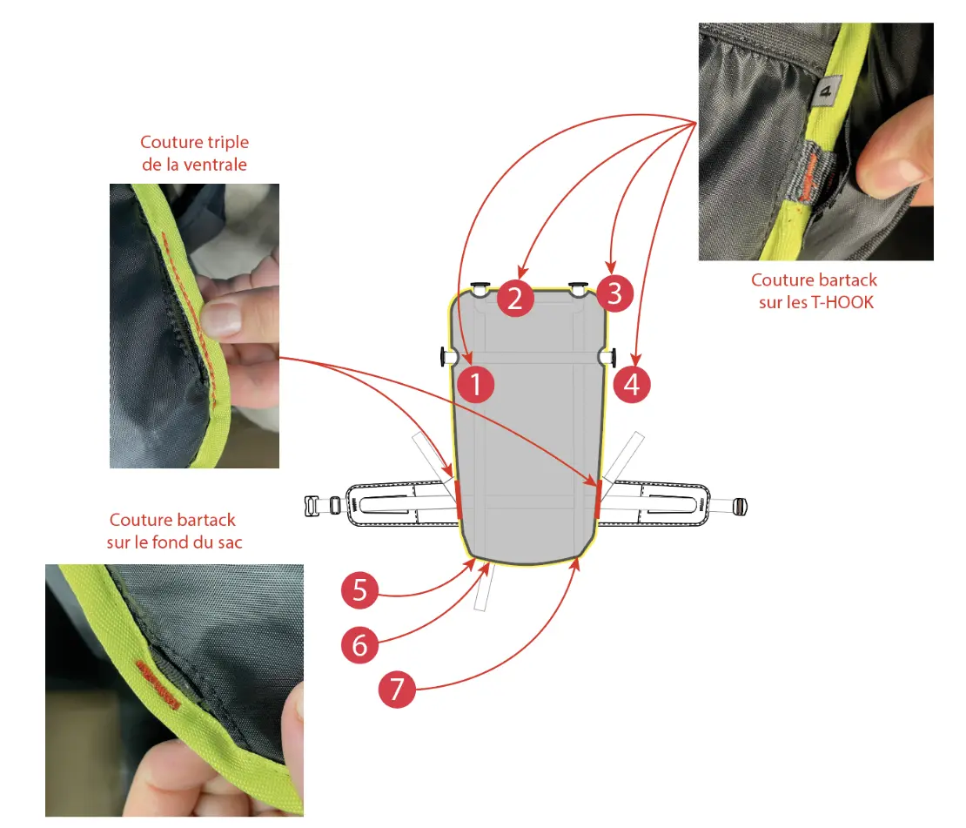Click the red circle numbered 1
coord(476,385)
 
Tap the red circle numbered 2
coord(515,299)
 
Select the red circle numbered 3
coord(614,293)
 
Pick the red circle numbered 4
coord(632,385)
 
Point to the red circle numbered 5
coord(359,590)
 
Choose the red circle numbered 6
coord(359,645)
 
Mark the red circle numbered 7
coord(397,690)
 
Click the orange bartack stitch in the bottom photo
coord(158,684)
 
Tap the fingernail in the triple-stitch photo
coord(220,318)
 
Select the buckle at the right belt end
coord(739,507)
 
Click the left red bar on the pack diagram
coord(458,500)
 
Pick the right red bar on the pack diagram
coord(598,499)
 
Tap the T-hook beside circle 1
coord(447,357)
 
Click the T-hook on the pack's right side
coord(607,357)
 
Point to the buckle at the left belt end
coord(322,506)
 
